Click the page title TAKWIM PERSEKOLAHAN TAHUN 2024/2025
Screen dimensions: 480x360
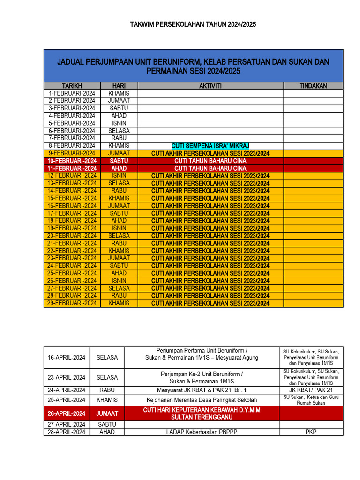click(x=193, y=24)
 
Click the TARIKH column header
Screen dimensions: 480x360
click(x=72, y=86)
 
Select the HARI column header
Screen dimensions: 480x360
click(x=119, y=86)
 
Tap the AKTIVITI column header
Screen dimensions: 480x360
click(x=210, y=86)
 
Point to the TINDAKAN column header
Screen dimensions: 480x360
click(x=313, y=86)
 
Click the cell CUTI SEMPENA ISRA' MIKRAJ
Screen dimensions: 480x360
click(x=210, y=146)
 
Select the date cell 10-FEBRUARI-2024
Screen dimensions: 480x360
click(x=72, y=161)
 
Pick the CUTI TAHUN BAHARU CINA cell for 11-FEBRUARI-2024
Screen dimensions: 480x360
click(x=210, y=168)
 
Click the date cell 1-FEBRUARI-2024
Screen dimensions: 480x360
click(x=72, y=93)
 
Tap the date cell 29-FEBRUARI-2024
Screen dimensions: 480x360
click(x=72, y=303)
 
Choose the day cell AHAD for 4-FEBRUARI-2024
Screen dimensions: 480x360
click(x=119, y=116)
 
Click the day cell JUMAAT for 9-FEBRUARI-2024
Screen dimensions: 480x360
click(x=119, y=153)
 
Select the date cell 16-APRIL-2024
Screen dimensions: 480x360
click(x=67, y=358)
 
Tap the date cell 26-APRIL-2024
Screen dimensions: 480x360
click(x=67, y=413)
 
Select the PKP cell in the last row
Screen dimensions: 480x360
click(x=311, y=432)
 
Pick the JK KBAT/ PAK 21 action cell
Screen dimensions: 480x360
click(x=311, y=390)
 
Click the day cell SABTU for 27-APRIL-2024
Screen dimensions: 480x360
click(x=107, y=424)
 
